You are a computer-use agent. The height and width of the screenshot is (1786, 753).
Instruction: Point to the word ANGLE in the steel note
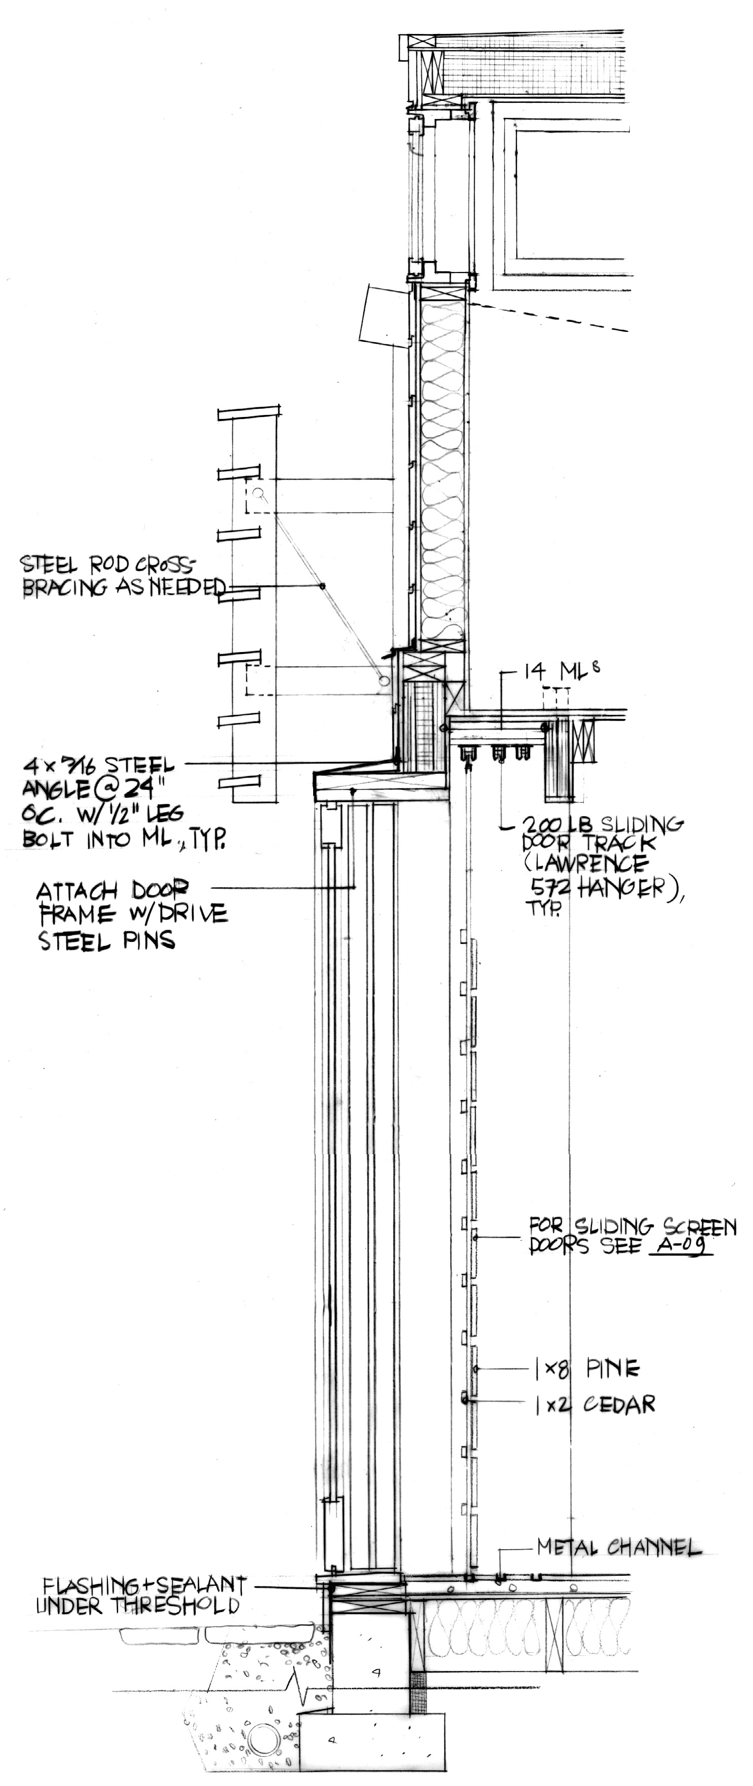(58, 790)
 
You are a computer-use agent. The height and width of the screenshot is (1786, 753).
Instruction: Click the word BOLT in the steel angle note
(51, 840)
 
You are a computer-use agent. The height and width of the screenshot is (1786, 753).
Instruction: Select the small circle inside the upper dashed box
(258, 493)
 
